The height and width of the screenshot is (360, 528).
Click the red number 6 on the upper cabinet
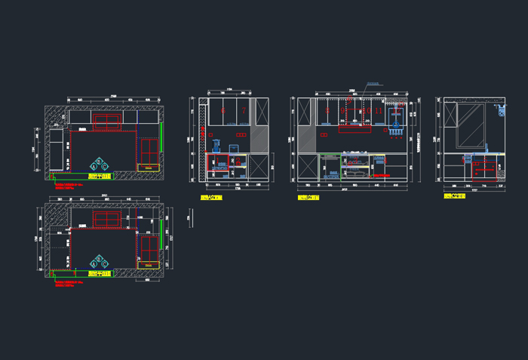(x=223, y=110)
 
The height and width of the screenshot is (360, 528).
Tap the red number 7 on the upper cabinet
(x=244, y=110)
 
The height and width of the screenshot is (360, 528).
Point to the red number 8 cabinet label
(x=327, y=110)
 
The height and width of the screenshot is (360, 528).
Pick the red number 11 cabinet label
(x=379, y=110)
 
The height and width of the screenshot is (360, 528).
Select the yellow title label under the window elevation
(x=454, y=196)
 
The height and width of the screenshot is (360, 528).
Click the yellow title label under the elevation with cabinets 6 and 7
(x=211, y=198)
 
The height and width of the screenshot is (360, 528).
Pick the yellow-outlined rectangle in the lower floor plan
(x=148, y=265)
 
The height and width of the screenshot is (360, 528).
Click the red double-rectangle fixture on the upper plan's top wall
(x=106, y=120)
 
